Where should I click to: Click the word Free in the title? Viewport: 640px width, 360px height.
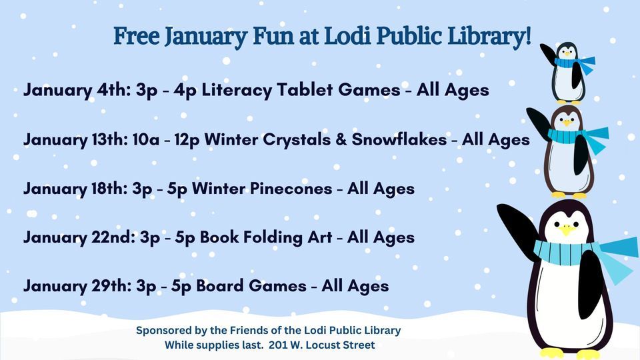pyautogui.click(x=136, y=35)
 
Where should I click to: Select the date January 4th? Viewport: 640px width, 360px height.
pyautogui.click(x=75, y=91)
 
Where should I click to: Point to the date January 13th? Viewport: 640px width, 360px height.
pyautogui.click(x=79, y=140)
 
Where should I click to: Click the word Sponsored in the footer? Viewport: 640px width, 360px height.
pyautogui.click(x=165, y=331)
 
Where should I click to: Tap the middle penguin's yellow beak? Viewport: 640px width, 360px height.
pyautogui.click(x=567, y=123)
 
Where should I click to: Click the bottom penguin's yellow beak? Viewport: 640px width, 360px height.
pyautogui.click(x=567, y=230)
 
